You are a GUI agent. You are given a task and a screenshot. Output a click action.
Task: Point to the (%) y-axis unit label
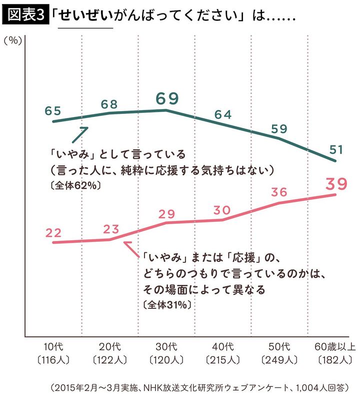click(x=12, y=41)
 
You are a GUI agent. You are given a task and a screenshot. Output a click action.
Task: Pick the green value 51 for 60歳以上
click(x=335, y=149)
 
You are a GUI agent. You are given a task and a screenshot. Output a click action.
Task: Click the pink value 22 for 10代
click(x=53, y=232)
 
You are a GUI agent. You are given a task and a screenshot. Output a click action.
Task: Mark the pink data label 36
click(x=279, y=192)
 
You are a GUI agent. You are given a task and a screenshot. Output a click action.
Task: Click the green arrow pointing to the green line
click(x=80, y=134)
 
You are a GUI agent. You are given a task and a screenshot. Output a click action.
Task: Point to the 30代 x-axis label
click(x=166, y=346)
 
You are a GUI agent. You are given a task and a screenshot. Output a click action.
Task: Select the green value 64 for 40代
click(x=223, y=114)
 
